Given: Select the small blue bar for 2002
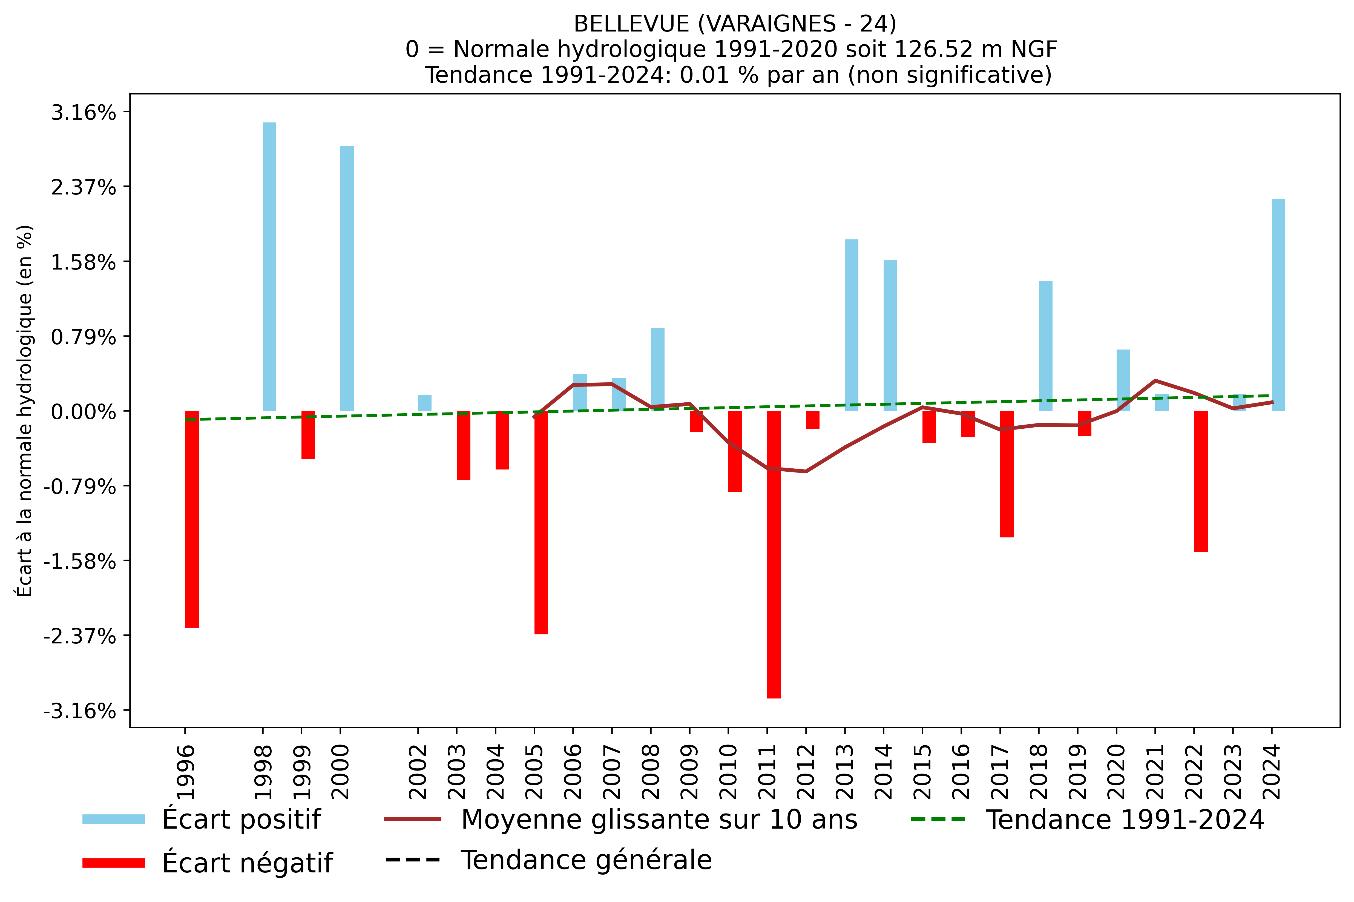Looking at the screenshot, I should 424,403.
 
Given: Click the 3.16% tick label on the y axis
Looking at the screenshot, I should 83,113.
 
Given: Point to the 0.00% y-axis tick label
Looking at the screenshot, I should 83,412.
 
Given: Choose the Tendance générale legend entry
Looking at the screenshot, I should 586,860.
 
